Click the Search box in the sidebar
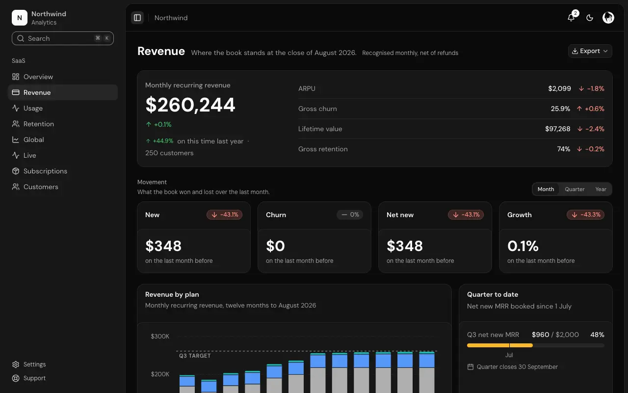(62, 38)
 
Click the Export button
(590, 51)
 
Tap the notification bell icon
(571, 18)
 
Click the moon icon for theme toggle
(590, 18)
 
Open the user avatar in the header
(608, 18)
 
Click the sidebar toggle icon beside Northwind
(137, 18)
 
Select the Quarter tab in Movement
(575, 189)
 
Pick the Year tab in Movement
(601, 189)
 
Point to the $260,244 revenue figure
(190, 105)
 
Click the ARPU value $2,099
(559, 88)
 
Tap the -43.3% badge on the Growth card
(585, 215)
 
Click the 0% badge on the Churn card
(350, 215)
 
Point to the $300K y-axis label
(160, 337)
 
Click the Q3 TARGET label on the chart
(195, 356)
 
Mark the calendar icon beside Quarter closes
(470, 367)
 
